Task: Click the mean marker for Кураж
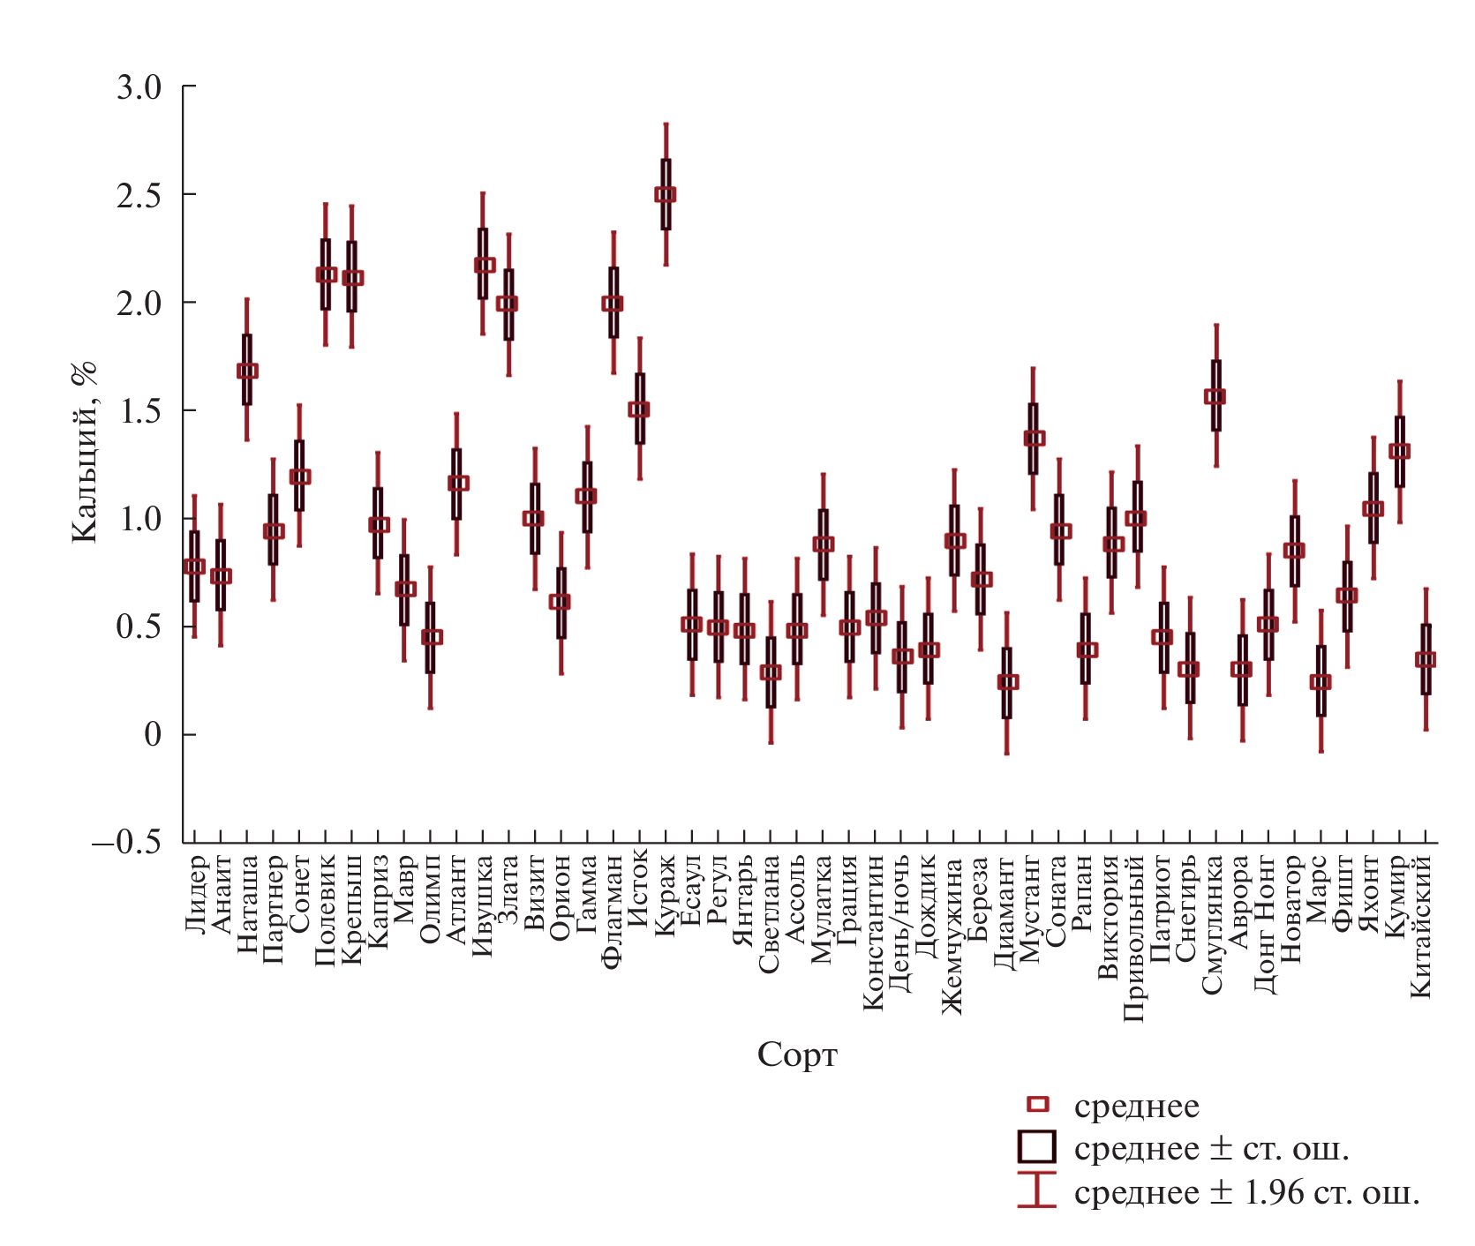click(666, 194)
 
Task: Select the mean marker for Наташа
click(247, 371)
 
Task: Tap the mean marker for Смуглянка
click(1215, 396)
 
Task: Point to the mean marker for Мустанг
click(1034, 438)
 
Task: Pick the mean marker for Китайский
click(1426, 659)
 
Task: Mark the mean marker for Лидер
click(195, 567)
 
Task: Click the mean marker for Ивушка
click(484, 265)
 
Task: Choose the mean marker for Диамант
click(1007, 681)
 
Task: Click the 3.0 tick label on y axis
click(139, 87)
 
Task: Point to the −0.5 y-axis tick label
click(127, 842)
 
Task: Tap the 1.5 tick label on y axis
click(139, 411)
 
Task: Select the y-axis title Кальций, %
click(85, 452)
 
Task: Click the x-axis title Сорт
click(797, 1055)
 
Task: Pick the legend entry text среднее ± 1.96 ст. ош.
click(1246, 1193)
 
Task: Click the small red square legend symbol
click(1038, 1105)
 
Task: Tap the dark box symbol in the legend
click(1037, 1147)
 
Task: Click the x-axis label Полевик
click(326, 911)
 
